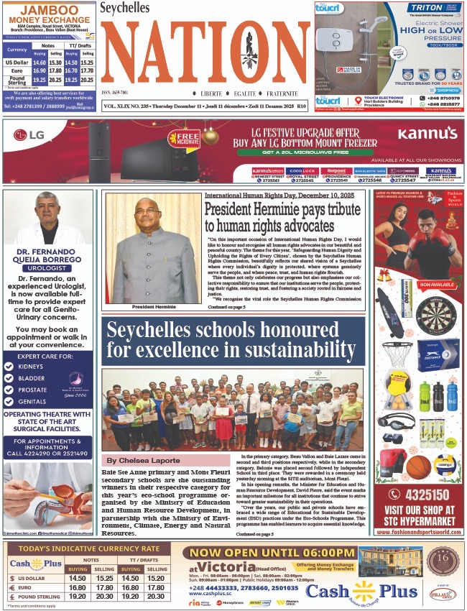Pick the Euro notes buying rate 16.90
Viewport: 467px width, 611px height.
[x=40, y=70]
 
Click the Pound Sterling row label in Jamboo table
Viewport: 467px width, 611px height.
[x=17, y=81]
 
